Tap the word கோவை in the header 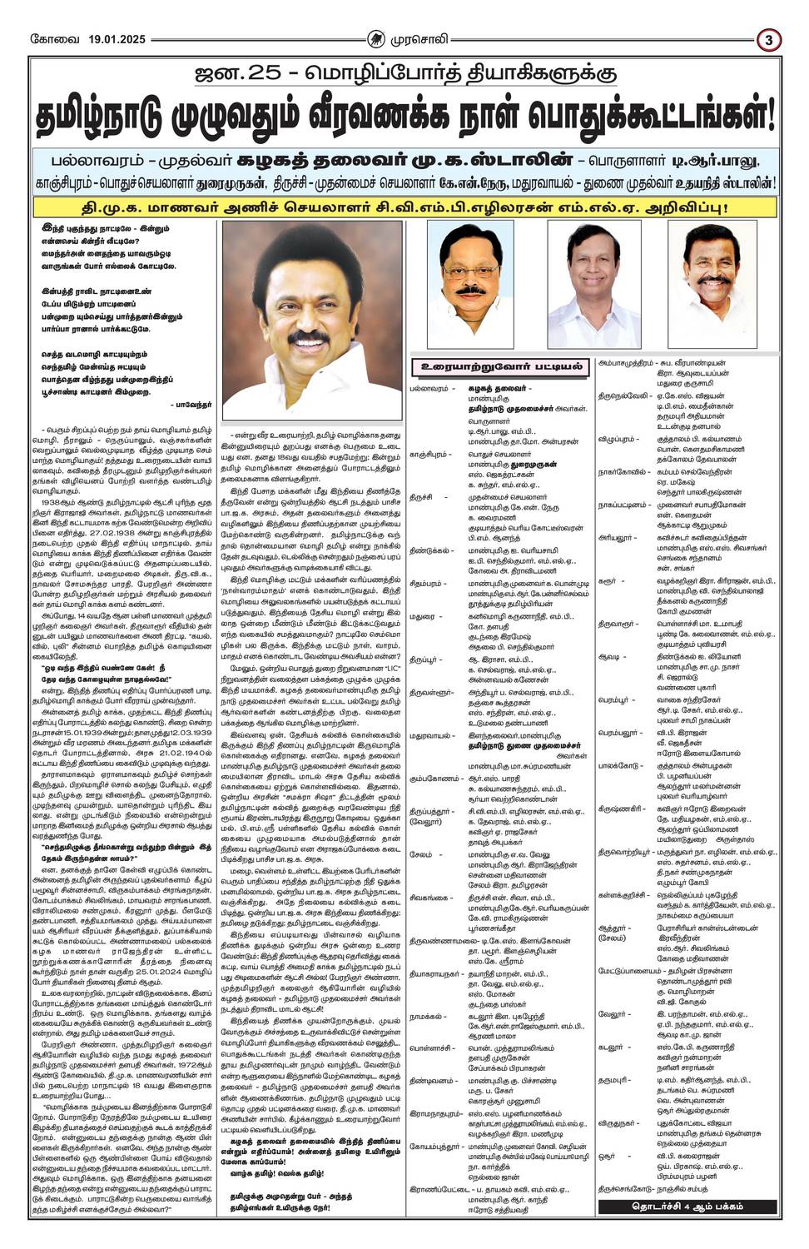47,38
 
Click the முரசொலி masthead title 420,38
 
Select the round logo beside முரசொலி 378,38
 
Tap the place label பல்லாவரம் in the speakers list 429,388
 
